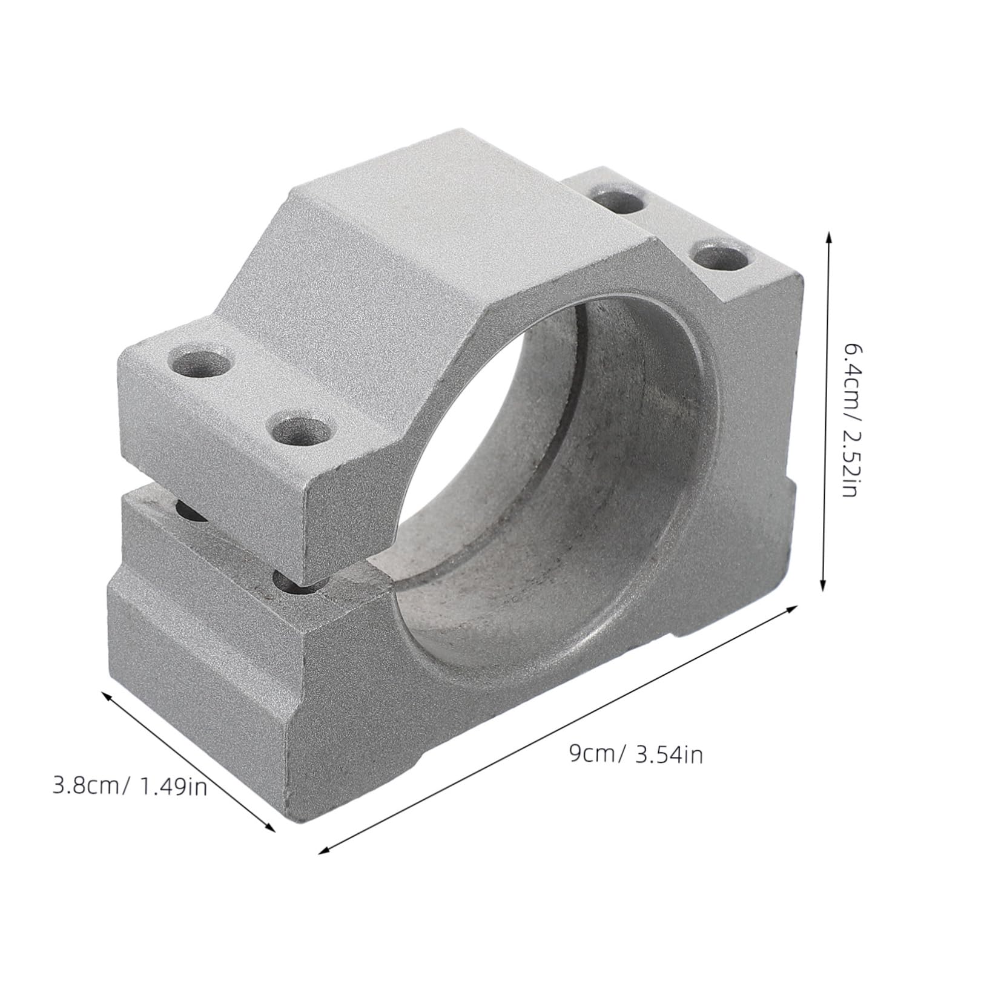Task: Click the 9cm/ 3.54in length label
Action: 636,754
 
